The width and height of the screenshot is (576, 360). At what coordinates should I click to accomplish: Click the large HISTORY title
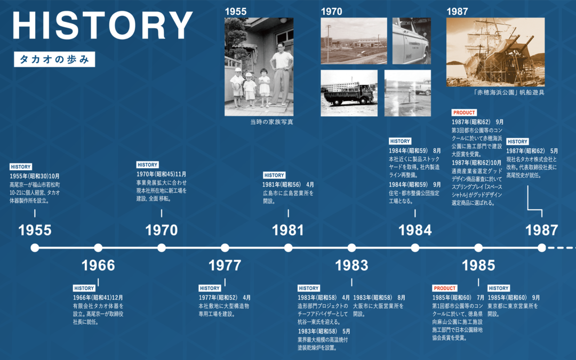[x=102, y=26]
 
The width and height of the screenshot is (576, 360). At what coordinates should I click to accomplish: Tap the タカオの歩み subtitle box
[x=54, y=59]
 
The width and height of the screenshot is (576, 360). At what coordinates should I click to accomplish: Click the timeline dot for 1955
[x=35, y=248]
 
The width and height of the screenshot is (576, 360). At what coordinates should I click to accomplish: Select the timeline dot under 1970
[x=162, y=248]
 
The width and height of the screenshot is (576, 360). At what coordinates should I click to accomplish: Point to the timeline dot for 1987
[x=542, y=248]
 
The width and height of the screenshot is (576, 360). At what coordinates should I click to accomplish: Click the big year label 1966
[x=98, y=265]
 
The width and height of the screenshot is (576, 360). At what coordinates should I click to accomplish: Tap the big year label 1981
[x=288, y=230]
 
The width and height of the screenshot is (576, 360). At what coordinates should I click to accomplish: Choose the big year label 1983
[x=351, y=265]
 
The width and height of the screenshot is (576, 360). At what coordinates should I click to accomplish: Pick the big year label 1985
[x=478, y=265]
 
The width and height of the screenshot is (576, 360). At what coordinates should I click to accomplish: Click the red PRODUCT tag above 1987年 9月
[x=464, y=113]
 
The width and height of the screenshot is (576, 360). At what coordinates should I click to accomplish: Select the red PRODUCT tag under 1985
[x=445, y=289]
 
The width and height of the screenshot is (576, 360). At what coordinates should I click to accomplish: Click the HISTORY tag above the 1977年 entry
[x=210, y=289]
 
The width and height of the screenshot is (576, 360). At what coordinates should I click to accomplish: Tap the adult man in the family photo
[x=281, y=74]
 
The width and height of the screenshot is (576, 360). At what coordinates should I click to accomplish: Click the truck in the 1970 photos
[x=349, y=95]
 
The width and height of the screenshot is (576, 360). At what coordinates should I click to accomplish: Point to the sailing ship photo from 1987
[x=495, y=52]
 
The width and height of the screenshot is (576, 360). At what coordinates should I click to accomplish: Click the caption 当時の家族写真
[x=272, y=122]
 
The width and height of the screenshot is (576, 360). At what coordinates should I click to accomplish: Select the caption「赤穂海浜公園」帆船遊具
[x=509, y=93]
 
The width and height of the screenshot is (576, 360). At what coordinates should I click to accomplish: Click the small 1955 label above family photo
[x=236, y=12]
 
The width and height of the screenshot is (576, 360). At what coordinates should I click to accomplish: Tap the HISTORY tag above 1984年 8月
[x=400, y=141]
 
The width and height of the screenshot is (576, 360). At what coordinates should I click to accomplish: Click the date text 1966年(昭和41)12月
[x=98, y=298]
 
